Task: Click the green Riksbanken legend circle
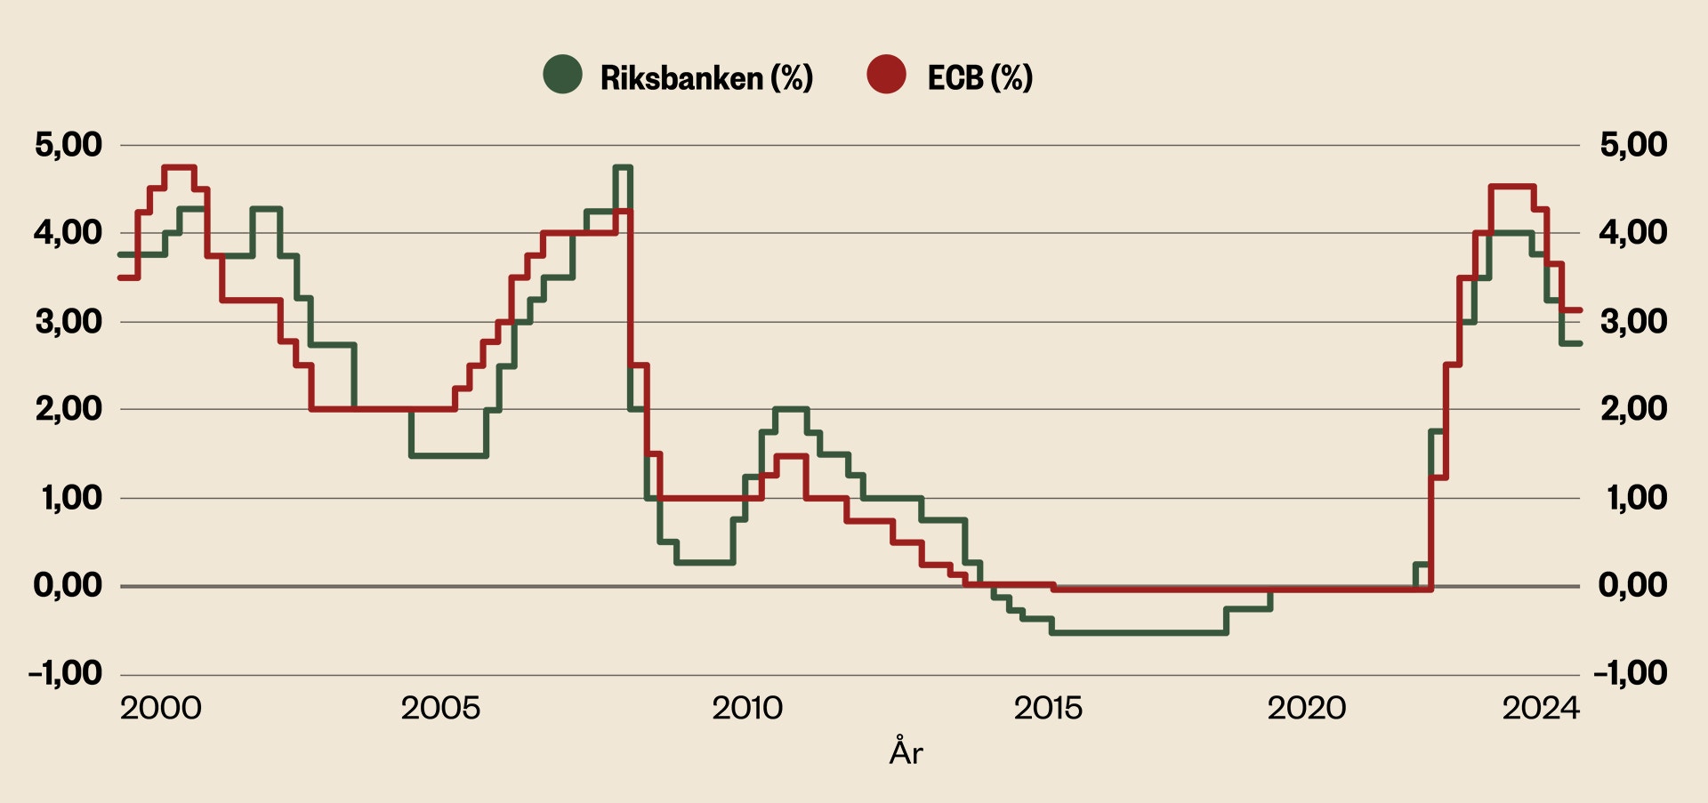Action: point(562,75)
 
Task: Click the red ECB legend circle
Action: point(886,75)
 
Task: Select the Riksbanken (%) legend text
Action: point(706,78)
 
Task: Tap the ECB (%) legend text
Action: point(979,78)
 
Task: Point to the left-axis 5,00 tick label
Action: point(68,144)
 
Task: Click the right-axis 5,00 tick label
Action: point(1633,144)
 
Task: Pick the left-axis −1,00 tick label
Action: point(66,673)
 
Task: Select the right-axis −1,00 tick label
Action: point(1630,673)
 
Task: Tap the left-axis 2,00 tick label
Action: point(68,409)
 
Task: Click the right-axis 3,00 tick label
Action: point(1633,321)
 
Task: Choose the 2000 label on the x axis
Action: point(161,709)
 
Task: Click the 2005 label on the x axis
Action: point(440,709)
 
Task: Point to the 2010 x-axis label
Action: point(747,709)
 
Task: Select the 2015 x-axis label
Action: point(1048,709)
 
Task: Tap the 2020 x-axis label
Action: point(1306,709)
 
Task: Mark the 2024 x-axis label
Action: point(1541,709)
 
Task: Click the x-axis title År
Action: point(906,752)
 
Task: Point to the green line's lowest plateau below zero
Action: point(1139,632)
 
